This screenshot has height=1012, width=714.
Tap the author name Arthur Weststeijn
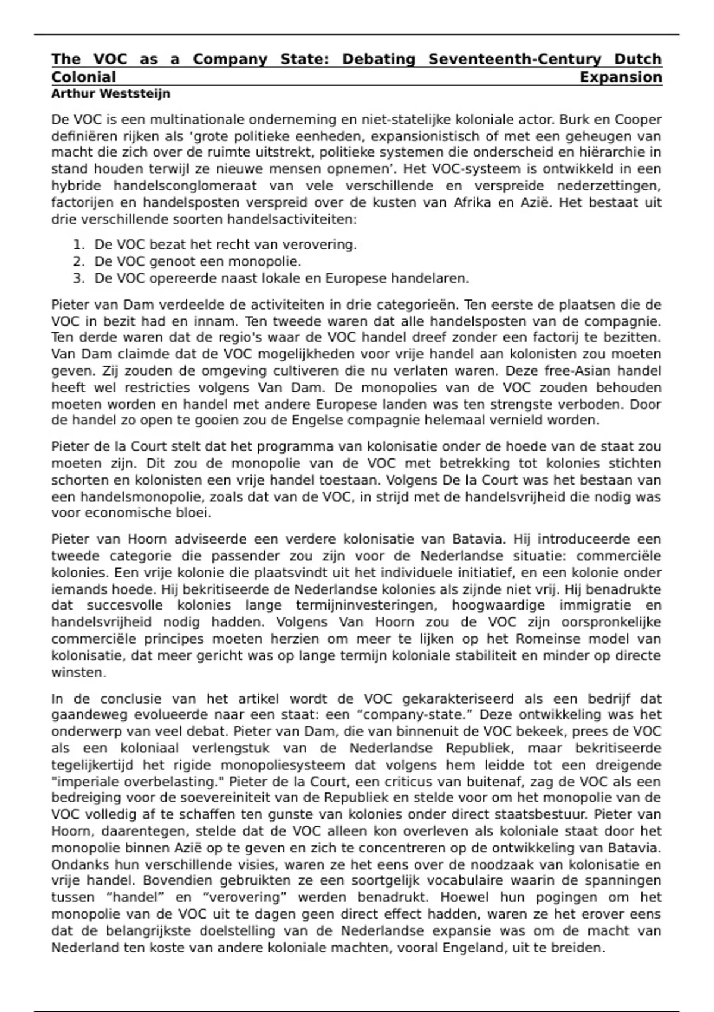click(x=111, y=93)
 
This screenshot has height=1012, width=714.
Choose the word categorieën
click(x=416, y=305)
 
